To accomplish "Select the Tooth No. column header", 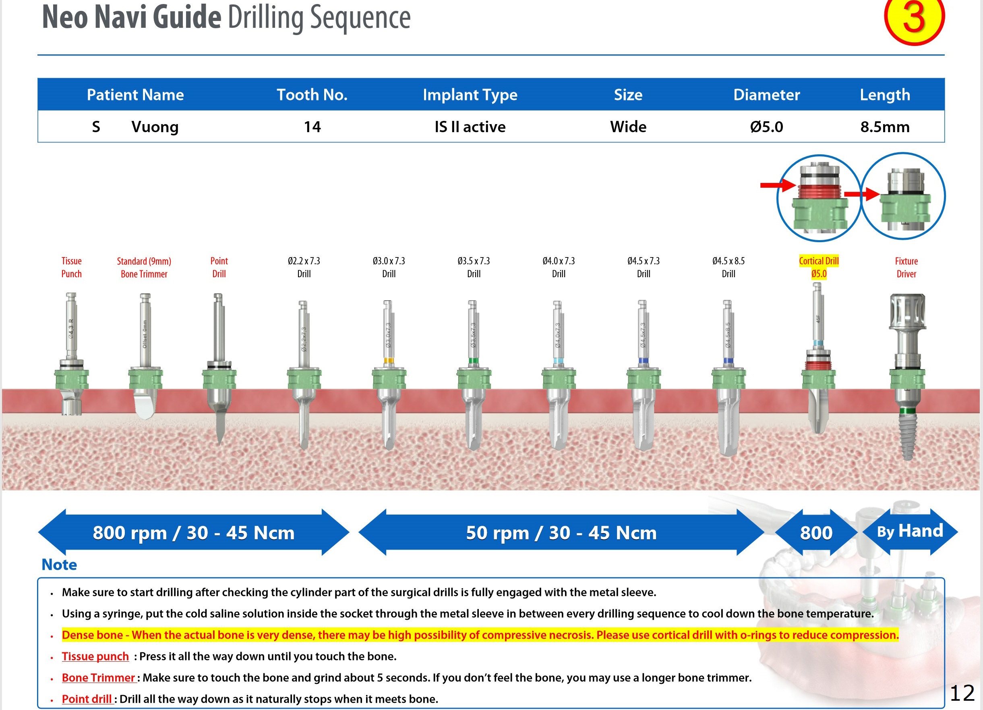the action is click(312, 95).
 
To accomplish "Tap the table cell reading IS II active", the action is click(470, 127).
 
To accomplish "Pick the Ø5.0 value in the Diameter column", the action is click(766, 127).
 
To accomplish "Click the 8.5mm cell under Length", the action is click(885, 127).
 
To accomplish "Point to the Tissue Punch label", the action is click(72, 267).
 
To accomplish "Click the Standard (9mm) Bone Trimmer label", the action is click(144, 267).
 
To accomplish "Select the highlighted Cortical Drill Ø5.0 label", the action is click(819, 267).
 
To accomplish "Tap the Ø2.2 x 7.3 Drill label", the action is click(304, 267).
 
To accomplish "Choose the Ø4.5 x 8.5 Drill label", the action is click(728, 267).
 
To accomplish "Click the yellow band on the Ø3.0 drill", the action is click(389, 360).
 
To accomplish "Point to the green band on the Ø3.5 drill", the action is click(473, 360).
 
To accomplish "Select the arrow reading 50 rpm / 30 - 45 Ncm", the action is click(561, 532).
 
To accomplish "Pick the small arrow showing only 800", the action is click(816, 532).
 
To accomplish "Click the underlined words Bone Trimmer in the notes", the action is click(98, 677).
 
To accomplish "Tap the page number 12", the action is click(962, 693).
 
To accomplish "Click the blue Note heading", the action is click(59, 565).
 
